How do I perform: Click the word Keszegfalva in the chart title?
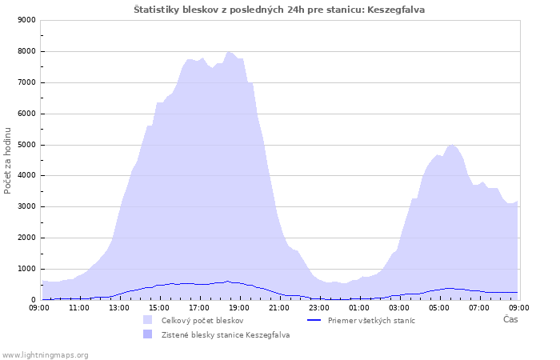coord(396,10)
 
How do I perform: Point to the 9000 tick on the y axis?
coord(26,20)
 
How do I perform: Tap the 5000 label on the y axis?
coord(26,145)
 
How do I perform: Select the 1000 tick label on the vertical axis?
coord(26,270)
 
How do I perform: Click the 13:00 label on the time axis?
coord(119,308)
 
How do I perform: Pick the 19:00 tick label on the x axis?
coord(239,308)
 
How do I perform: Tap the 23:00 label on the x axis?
coord(319,308)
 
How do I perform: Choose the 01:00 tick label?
coord(359,308)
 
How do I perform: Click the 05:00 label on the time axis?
coord(439,308)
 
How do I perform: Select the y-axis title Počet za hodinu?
coord(7,161)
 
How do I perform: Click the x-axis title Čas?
coord(510,319)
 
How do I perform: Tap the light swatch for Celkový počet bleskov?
coord(147,320)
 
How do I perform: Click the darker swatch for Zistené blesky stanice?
coord(147,334)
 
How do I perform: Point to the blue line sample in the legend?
coord(314,320)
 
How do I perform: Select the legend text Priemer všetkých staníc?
coord(371,320)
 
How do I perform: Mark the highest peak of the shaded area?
coord(229,52)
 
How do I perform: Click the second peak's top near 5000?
coord(452,145)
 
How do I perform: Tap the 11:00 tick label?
coord(79,308)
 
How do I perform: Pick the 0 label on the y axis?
coord(34,300)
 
